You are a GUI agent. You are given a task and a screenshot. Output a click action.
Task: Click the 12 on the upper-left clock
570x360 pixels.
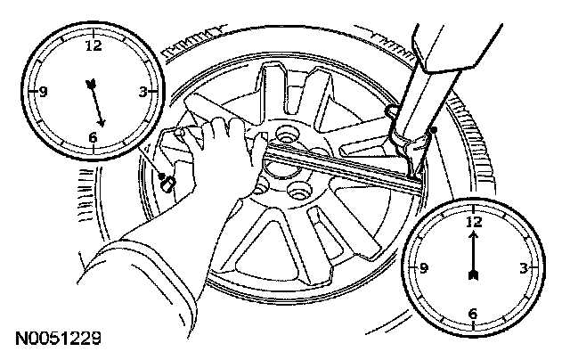tap(92, 45)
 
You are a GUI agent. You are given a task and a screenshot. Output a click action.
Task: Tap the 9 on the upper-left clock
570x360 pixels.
tap(43, 91)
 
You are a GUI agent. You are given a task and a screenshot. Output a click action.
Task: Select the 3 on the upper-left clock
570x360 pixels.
tap(142, 91)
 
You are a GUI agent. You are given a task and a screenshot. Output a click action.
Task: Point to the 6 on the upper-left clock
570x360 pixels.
tap(93, 137)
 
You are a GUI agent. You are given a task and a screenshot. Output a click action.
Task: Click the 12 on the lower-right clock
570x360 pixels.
tap(474, 219)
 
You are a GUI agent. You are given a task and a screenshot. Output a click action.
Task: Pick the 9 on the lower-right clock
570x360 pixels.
tap(425, 266)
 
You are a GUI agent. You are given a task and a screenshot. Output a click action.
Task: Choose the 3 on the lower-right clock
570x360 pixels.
tap(525, 266)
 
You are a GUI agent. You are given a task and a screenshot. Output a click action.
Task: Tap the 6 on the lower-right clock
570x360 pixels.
tap(473, 313)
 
